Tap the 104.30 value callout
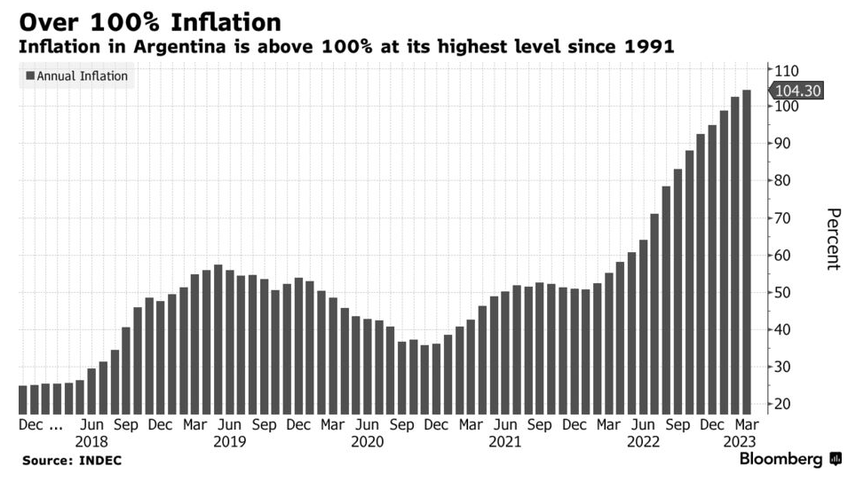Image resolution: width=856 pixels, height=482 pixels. point(797,91)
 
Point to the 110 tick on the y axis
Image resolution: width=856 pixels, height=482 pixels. point(787,70)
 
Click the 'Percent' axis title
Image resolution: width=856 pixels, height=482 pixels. point(833,239)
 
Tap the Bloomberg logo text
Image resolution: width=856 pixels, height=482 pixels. point(781,459)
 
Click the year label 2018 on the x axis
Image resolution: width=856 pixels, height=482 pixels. point(91,441)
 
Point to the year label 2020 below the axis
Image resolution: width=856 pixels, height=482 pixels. point(368,441)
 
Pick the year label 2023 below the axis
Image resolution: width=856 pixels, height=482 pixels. point(738,441)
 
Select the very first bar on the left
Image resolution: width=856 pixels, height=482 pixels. point(23,399)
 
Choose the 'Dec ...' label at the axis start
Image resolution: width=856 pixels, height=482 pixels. point(40,425)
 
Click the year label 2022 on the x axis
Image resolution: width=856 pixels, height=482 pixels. point(644,441)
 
